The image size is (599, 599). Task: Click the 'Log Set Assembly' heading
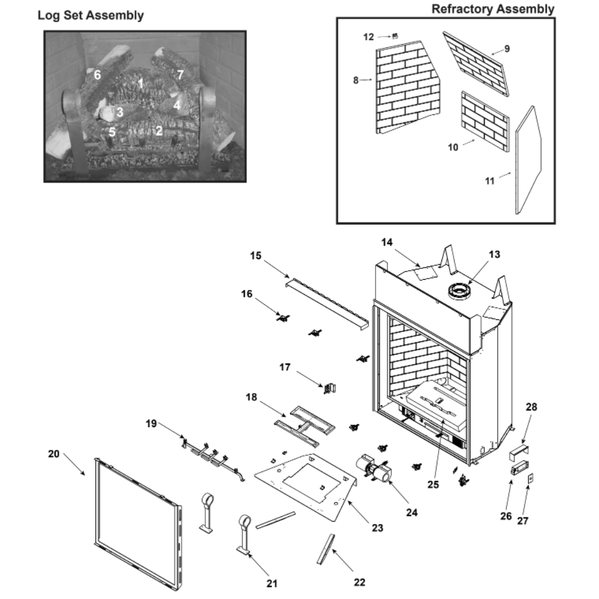(90, 16)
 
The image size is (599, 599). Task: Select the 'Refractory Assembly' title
(492, 9)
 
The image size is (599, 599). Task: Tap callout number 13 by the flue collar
(494, 255)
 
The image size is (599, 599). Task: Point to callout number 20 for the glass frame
(54, 454)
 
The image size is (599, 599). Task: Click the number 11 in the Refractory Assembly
(490, 180)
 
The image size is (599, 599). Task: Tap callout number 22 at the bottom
(359, 582)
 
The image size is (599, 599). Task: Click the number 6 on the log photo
(97, 75)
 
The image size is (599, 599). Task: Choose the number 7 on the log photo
(180, 75)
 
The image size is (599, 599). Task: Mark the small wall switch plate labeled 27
(530, 479)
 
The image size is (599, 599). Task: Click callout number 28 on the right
(531, 407)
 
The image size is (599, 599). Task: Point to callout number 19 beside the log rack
(151, 423)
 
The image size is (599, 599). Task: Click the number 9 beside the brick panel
(507, 49)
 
